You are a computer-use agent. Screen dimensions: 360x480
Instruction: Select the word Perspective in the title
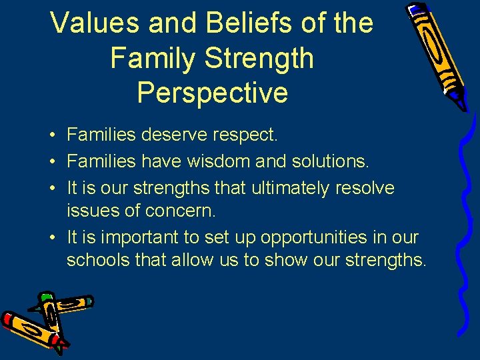pos(212,93)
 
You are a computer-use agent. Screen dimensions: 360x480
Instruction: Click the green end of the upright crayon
pos(46,296)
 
